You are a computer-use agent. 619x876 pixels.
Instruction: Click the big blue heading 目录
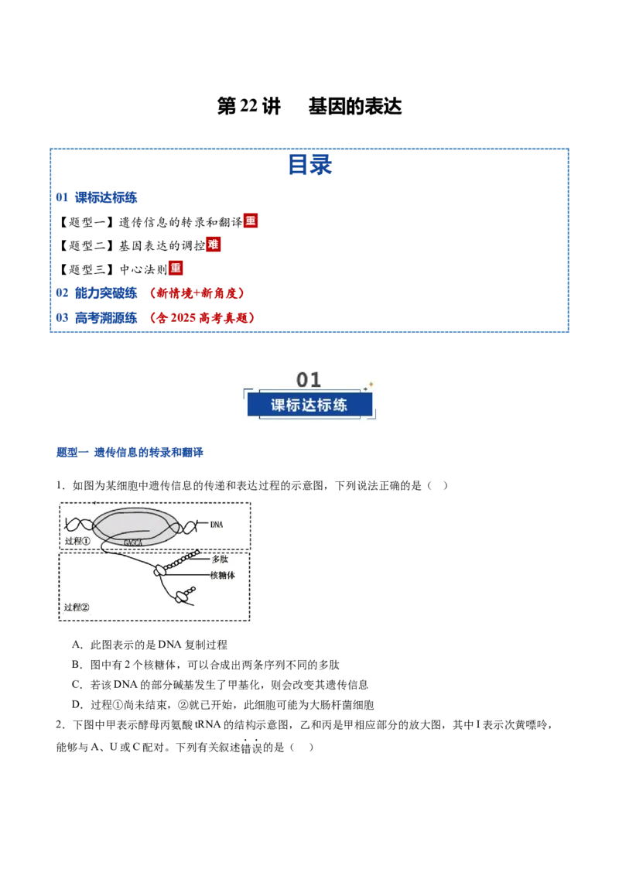coord(310,165)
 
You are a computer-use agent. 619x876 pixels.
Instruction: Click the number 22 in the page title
coord(248,105)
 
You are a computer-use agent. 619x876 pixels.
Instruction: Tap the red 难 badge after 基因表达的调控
coord(214,244)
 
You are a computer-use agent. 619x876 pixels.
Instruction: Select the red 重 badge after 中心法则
coord(176,269)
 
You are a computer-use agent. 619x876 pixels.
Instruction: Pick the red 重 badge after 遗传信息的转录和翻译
coord(250,221)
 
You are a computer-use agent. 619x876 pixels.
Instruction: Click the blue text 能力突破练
coord(106,293)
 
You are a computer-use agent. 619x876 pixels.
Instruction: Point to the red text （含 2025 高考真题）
coord(202,318)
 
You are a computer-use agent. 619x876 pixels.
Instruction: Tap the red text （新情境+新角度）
coord(197,293)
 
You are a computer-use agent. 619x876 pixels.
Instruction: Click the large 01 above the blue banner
coord(309,380)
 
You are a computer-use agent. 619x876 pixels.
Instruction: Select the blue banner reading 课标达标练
coord(309,405)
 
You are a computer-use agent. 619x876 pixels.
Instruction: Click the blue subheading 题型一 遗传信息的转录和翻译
coord(130,452)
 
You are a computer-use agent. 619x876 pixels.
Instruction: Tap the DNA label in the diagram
coord(217,525)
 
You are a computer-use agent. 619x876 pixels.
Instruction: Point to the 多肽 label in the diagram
coord(220,559)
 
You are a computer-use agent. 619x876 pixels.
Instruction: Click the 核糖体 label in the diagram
coord(222,575)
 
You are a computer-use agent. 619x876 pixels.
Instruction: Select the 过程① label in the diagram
coord(77,541)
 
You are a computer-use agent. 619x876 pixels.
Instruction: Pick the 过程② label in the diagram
coord(77,607)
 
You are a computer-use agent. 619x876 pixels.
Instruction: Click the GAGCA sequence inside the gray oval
coord(133,542)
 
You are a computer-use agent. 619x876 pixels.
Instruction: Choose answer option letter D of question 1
coord(77,704)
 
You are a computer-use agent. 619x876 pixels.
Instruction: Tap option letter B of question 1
coord(77,664)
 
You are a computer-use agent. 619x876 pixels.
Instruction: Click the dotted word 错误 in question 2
coord(251,747)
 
